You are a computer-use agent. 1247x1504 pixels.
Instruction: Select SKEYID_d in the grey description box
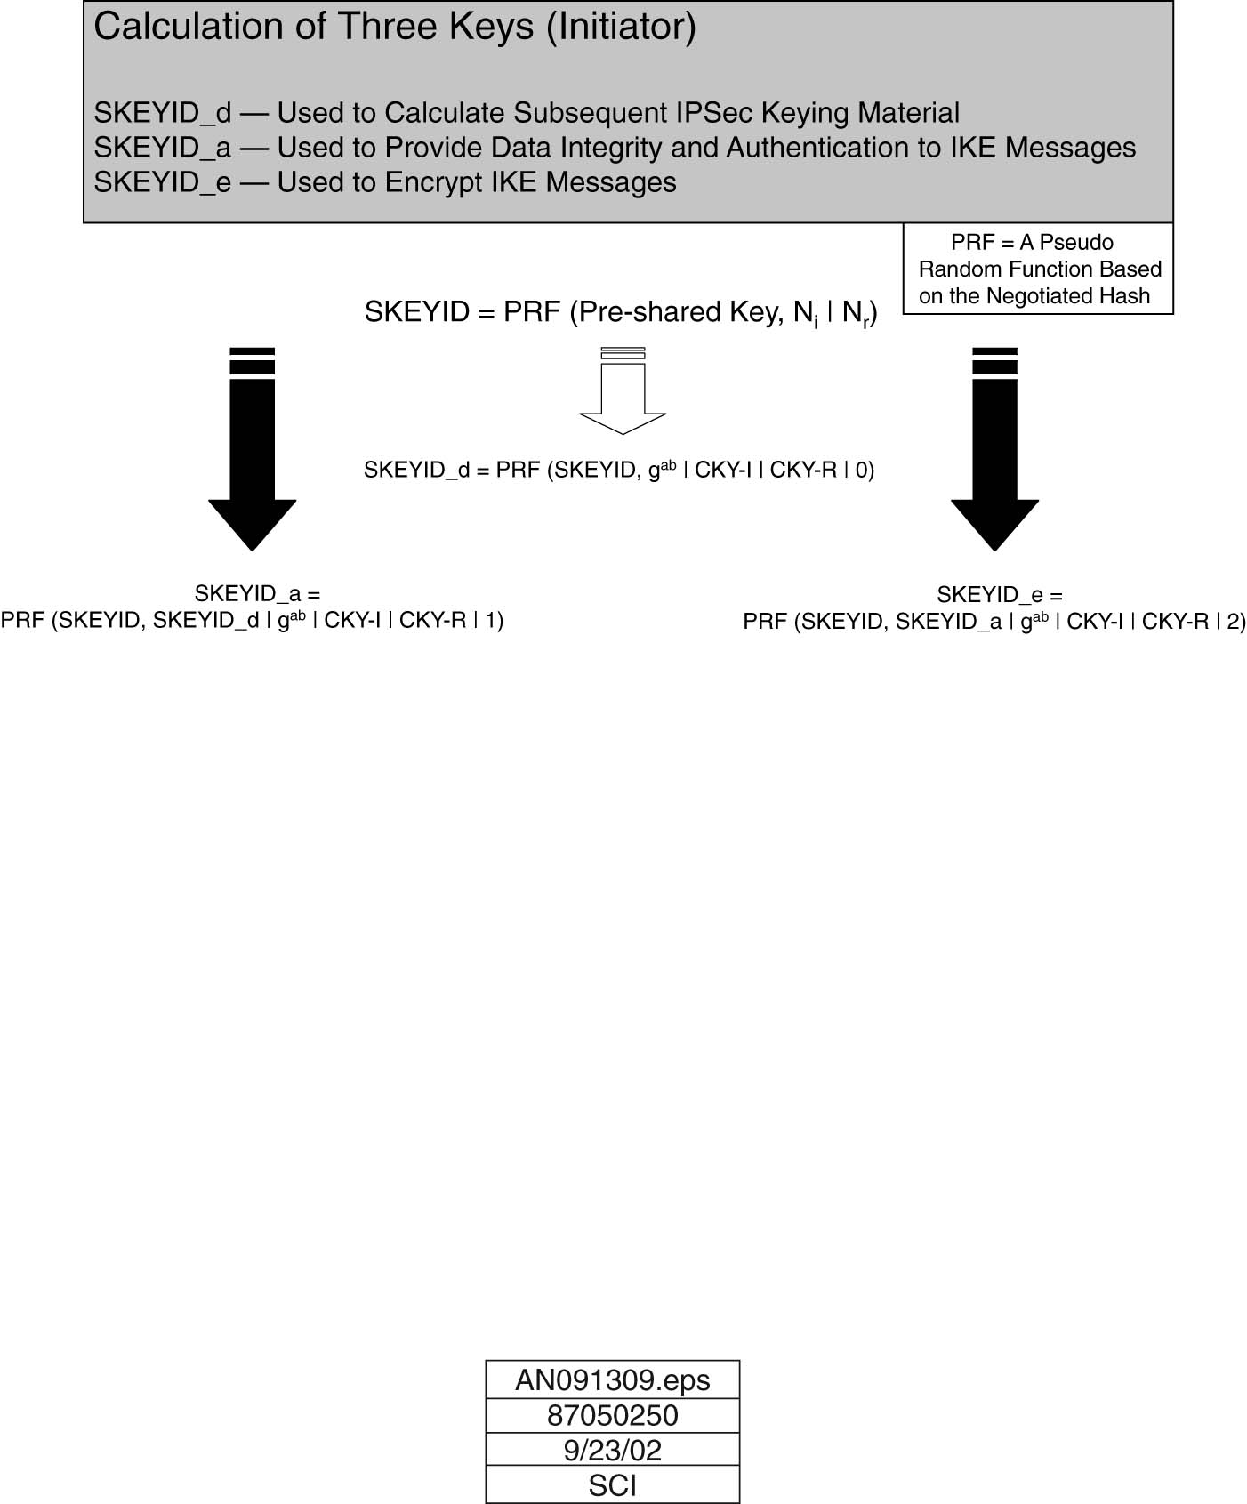pos(163,114)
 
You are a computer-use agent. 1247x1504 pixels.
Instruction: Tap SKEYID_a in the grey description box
pos(163,149)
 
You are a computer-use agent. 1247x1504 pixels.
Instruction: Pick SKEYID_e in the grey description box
pos(163,183)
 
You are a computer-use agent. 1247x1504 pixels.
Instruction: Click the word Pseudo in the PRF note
pos(1076,242)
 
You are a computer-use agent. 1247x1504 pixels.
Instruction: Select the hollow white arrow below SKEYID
pos(623,390)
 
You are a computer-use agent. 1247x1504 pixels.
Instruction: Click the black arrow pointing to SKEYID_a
pos(253,449)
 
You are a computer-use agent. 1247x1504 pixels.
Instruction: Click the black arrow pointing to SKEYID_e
pos(994,449)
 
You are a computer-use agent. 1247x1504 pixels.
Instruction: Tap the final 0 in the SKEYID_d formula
pos(861,470)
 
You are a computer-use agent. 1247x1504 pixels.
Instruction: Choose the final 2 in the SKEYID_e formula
pos(1233,622)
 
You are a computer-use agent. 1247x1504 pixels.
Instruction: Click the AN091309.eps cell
pos(613,1379)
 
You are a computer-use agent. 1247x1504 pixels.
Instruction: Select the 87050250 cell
pos(613,1416)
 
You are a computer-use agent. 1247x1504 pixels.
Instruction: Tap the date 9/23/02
pos(613,1450)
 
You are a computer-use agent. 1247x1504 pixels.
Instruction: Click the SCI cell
pos(613,1484)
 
